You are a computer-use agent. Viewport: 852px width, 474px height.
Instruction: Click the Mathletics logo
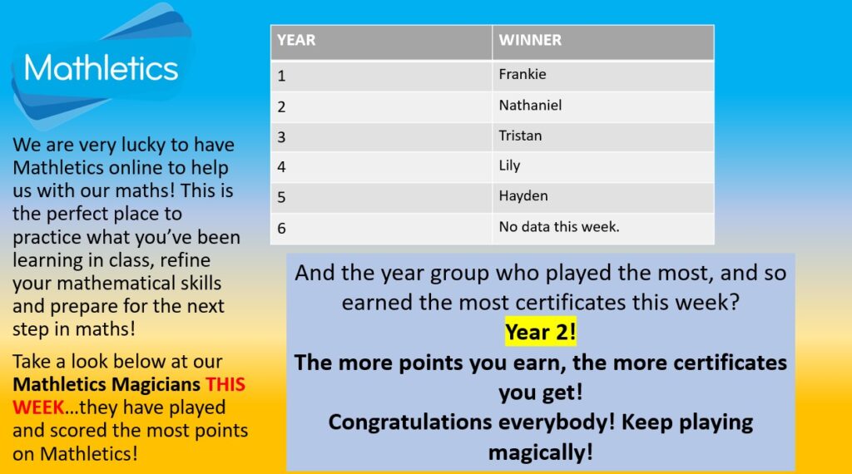pos(102,68)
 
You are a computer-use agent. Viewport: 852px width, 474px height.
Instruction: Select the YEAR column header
pos(296,40)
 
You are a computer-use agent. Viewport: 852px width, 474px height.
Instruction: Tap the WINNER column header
pos(530,40)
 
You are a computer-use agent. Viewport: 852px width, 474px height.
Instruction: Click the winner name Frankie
pos(523,74)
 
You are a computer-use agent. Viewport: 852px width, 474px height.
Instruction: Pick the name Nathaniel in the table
pos(530,105)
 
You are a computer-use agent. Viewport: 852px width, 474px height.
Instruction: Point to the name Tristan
pos(520,136)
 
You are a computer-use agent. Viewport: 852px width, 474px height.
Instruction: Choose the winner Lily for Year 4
pos(509,165)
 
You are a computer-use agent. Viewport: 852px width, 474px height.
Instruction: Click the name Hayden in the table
pos(523,196)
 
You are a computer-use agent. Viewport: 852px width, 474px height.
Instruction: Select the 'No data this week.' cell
pos(558,226)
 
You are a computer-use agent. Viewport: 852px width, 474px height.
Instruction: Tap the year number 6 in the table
pos(281,228)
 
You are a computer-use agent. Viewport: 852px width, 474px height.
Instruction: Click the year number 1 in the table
pos(281,76)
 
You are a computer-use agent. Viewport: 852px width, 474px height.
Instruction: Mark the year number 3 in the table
pos(281,137)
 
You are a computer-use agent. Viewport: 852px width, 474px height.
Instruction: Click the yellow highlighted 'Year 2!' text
pos(540,332)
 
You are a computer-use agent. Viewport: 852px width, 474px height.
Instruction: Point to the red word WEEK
pos(38,407)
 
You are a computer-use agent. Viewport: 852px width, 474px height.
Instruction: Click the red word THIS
pos(225,384)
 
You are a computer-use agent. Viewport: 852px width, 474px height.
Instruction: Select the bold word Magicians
pos(156,385)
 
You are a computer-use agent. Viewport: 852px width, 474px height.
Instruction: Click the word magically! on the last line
pos(540,452)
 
